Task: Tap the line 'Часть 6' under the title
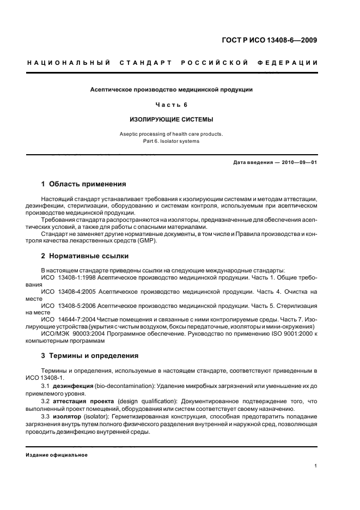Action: pyautogui.click(x=172, y=104)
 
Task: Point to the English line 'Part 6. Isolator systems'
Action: pyautogui.click(x=172, y=141)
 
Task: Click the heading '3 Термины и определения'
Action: pyautogui.click(x=90, y=356)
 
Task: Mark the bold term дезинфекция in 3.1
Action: pyautogui.click(x=74, y=385)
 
